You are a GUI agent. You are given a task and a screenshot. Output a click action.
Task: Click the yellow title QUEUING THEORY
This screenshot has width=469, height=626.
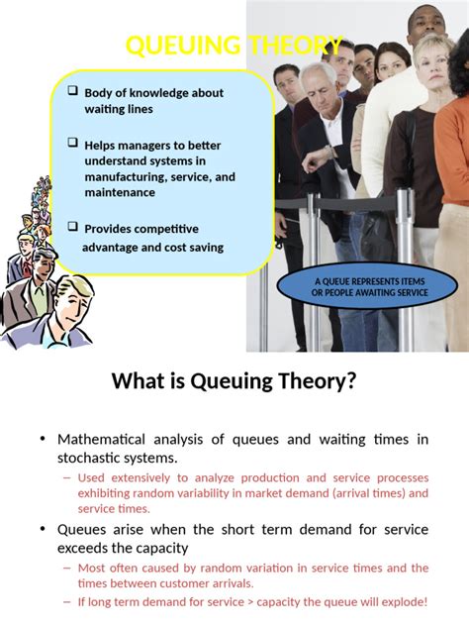(234, 46)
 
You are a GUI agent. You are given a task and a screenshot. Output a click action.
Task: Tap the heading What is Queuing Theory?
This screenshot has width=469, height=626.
(234, 381)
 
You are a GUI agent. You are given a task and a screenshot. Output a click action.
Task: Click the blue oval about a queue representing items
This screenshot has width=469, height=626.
(370, 287)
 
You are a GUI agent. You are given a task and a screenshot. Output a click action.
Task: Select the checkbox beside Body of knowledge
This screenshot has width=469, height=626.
(72, 90)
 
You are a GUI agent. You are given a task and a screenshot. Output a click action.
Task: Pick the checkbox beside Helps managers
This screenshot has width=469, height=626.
(72, 143)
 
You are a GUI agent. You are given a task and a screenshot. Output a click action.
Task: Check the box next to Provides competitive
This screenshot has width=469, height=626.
(72, 226)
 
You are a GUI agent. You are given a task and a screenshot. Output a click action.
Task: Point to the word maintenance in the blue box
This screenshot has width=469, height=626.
(120, 193)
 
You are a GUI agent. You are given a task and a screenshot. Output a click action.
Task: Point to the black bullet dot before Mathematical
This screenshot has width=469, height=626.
(43, 440)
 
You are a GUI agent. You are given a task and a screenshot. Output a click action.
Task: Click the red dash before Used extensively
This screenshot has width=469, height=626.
(67, 477)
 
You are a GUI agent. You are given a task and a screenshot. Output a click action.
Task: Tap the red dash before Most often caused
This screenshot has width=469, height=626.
(67, 569)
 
